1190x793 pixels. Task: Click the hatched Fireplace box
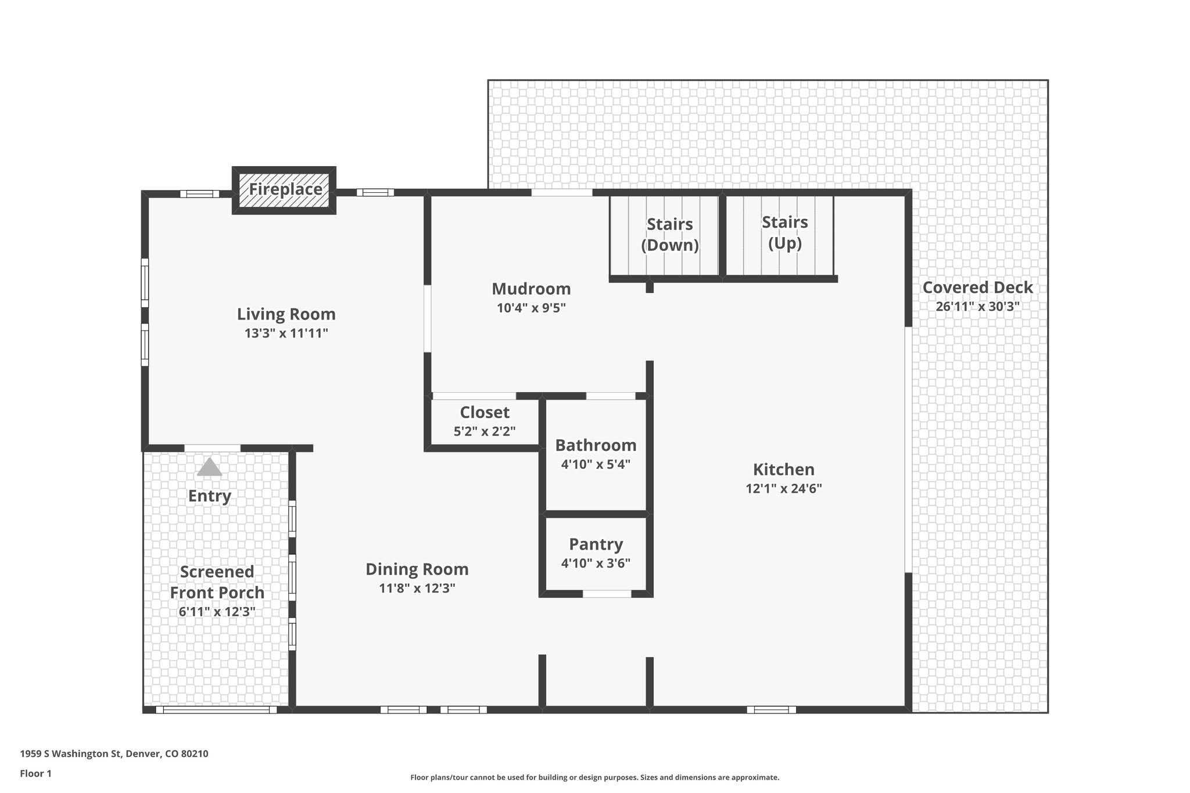(x=284, y=190)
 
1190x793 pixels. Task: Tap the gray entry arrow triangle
(x=209, y=467)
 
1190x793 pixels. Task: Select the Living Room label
(x=286, y=314)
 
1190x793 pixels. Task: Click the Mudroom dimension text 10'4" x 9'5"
(x=531, y=308)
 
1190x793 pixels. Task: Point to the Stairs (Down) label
(x=670, y=234)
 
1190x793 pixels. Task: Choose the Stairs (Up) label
(x=784, y=232)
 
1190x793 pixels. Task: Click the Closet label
(x=485, y=412)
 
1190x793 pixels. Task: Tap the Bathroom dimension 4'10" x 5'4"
(x=596, y=465)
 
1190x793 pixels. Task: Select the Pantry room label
(x=596, y=544)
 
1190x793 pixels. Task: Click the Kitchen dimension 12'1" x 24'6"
(x=784, y=489)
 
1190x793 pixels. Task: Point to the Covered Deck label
(x=978, y=288)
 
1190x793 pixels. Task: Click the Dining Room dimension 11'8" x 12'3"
(x=417, y=588)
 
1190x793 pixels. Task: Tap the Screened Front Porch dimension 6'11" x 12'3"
(x=217, y=612)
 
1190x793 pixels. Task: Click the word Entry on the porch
(x=210, y=496)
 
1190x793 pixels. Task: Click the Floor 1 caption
(x=36, y=774)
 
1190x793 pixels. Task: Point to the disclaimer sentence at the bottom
(x=594, y=777)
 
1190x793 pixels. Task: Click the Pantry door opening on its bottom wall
(x=607, y=594)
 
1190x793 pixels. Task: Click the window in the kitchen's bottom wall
(x=771, y=709)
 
